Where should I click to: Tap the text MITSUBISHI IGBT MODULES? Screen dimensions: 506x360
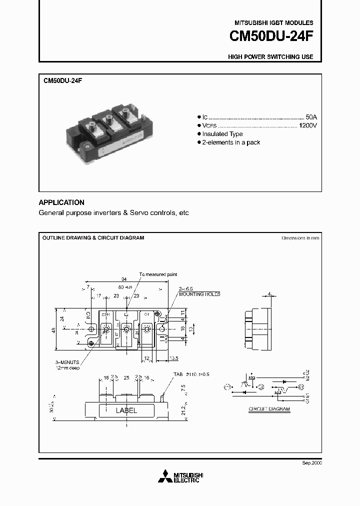pos(274,23)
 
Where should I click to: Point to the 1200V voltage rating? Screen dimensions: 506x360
pos(307,125)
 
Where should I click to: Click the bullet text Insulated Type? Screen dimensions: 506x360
pos(222,134)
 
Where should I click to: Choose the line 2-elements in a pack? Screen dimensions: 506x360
pos(231,142)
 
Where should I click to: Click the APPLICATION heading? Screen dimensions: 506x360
pos(61,202)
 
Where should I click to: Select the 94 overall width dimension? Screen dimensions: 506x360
pos(124,279)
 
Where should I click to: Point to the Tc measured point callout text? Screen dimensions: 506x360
pos(158,274)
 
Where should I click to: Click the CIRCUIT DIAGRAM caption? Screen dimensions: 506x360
pos(269,409)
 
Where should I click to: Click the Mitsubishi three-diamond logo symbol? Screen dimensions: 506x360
pos(164,478)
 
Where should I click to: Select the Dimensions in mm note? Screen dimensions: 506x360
pos(300,238)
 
